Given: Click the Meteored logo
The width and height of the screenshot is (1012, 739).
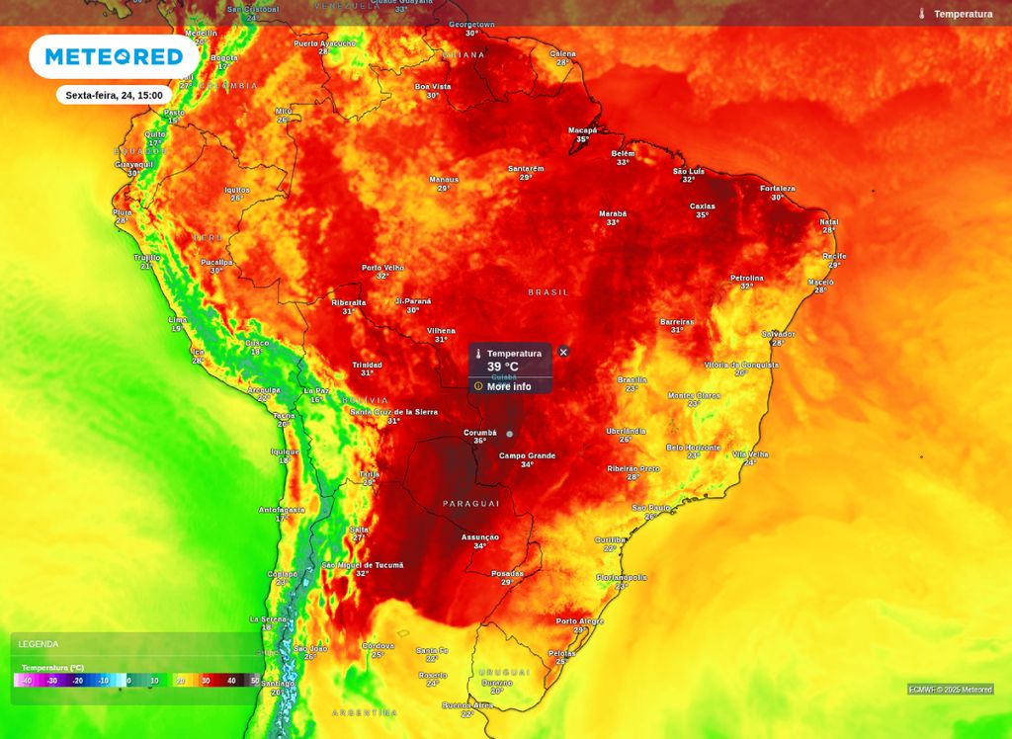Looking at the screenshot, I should coord(114,56).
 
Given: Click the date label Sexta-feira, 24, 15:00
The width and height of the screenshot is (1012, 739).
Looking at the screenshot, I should coord(114,95).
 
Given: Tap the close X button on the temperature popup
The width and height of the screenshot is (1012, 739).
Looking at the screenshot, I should coord(563,352).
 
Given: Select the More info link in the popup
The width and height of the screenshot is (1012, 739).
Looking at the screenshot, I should coord(508,386).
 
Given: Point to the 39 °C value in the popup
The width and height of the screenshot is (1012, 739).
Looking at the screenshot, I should coord(502,367).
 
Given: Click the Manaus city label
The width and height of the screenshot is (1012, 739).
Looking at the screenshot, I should coord(444,180).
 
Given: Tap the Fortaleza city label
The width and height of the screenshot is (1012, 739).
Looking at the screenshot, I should coord(778,189).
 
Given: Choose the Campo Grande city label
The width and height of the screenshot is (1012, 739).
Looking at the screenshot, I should coord(527,455).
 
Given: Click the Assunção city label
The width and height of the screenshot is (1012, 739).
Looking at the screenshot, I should coord(480,536).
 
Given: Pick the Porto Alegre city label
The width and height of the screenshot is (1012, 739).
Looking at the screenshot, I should coord(579,621).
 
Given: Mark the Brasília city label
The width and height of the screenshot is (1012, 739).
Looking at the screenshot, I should coord(632,379).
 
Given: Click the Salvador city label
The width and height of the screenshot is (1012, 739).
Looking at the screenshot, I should coord(778,334).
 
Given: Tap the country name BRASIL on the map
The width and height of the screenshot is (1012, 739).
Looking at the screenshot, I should coord(548,292).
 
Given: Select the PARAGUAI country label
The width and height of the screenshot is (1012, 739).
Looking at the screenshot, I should coord(471,503).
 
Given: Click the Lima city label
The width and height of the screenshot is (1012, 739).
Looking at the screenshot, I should coord(178,319).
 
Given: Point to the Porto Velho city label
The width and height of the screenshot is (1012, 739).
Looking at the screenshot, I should coord(382,267).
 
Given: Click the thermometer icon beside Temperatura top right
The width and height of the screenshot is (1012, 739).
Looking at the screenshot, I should coord(921,14).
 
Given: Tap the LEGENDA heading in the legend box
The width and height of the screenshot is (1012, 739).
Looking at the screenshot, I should coord(39,644).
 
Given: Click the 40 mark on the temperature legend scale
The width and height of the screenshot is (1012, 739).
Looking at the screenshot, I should coord(230,681).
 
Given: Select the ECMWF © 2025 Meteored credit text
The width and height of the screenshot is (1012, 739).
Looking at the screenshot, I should coord(950,690).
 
